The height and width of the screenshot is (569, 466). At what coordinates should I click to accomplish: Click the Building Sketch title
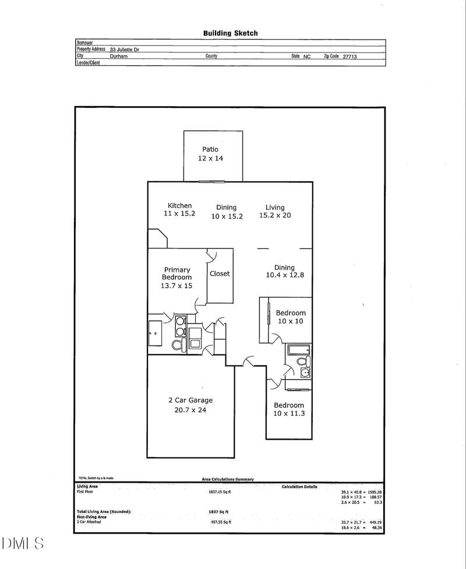tap(230, 33)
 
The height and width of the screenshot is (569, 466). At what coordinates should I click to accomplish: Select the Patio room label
tap(210, 149)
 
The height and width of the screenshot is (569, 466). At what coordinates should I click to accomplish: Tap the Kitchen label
tap(179, 205)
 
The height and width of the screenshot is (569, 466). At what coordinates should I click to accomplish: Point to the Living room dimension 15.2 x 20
tap(275, 216)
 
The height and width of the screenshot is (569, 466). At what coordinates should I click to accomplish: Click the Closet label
tap(220, 273)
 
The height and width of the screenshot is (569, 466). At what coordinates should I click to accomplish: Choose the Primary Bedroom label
tap(177, 273)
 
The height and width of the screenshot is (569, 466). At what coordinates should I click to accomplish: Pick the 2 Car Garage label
tap(190, 400)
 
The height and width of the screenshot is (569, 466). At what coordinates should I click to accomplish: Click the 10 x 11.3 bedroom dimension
tap(289, 414)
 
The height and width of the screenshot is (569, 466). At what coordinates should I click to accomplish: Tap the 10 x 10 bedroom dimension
tap(290, 321)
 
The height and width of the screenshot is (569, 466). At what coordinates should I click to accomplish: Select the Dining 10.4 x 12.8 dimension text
tap(285, 275)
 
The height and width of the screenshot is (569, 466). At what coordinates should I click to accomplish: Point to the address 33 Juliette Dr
tap(124, 50)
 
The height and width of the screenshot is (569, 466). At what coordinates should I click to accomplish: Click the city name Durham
tap(118, 57)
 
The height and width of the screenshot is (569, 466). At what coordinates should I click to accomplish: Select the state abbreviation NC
tap(307, 57)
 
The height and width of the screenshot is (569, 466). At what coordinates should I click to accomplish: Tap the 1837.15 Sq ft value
tap(220, 492)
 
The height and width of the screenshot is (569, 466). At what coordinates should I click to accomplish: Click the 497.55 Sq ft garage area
tap(220, 522)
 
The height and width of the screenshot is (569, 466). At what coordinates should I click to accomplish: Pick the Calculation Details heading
tap(299, 486)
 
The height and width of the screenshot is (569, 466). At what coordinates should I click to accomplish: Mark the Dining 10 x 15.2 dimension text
tap(227, 216)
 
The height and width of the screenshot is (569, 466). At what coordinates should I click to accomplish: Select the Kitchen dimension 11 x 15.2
tap(179, 214)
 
